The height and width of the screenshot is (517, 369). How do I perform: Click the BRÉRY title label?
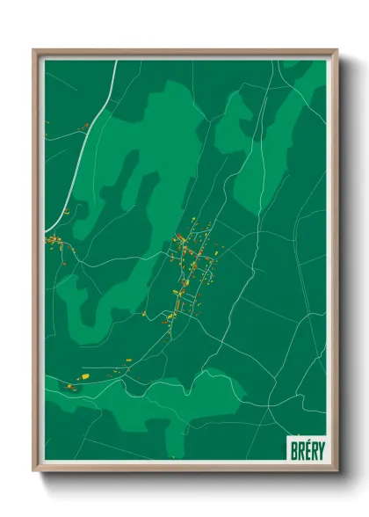[x=307, y=450]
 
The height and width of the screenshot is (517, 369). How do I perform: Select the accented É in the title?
[x=307, y=449]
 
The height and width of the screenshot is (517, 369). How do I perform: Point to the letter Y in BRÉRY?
[x=320, y=450]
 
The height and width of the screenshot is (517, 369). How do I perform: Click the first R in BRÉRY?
[x=300, y=450]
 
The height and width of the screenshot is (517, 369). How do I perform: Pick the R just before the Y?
[x=314, y=450]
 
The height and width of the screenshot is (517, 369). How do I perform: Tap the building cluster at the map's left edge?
[x=53, y=239]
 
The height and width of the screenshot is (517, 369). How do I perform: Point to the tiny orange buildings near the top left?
[x=84, y=128]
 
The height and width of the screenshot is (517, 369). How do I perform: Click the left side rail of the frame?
[x=36, y=264]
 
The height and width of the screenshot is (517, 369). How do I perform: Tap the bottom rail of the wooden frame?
[x=184, y=468]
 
